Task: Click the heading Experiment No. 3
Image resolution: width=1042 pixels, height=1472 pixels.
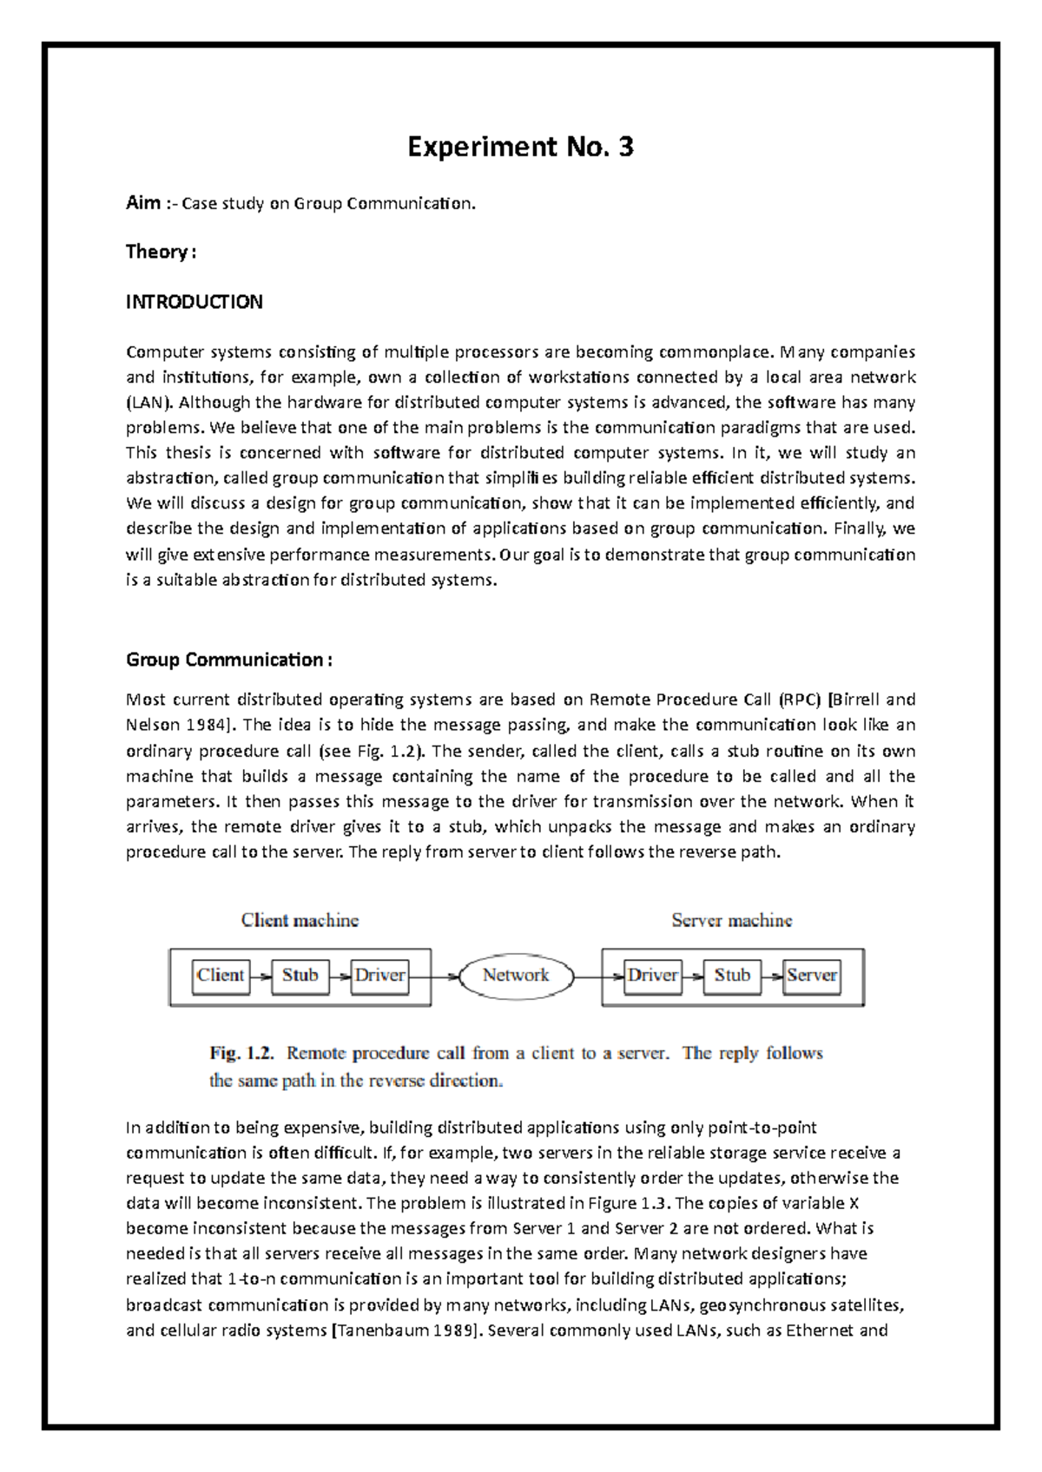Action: tap(520, 147)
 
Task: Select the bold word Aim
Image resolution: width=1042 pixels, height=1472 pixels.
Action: tap(142, 203)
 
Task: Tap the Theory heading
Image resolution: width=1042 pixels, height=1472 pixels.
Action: tap(160, 252)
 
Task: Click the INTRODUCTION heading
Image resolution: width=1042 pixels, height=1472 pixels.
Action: tap(194, 302)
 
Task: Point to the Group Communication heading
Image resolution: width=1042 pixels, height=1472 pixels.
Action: tap(228, 660)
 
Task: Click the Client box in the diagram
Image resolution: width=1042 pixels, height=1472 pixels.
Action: tap(221, 976)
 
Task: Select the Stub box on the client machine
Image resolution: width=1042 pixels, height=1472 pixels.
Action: tap(300, 976)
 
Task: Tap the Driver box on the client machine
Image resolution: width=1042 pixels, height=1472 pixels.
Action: tap(379, 976)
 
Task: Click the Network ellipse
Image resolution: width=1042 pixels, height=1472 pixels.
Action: tap(516, 976)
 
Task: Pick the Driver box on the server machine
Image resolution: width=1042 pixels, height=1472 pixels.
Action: tap(652, 976)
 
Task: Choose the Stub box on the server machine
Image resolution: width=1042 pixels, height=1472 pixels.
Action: tap(732, 976)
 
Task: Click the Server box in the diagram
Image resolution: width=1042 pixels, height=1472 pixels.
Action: tap(812, 976)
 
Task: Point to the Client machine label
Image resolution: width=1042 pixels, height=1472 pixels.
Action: tap(300, 920)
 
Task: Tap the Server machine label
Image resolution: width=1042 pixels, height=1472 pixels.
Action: tap(732, 920)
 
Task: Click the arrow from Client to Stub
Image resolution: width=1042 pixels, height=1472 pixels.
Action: tap(260, 976)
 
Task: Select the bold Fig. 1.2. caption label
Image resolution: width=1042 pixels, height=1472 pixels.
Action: tap(241, 1054)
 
